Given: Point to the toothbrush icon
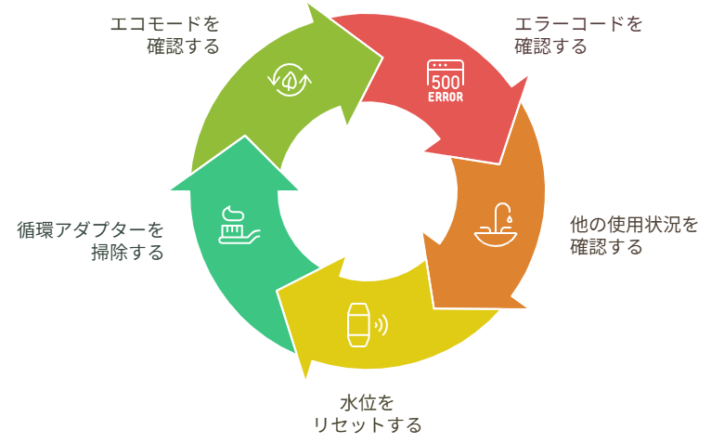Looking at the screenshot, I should tap(236, 226).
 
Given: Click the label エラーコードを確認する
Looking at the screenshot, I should tap(577, 34).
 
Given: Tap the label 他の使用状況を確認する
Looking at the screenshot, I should tap(632, 235).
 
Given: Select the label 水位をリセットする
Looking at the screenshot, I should tap(368, 414).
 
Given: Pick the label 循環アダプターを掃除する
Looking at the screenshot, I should tap(90, 240).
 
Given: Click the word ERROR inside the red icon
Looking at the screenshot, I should tap(446, 96).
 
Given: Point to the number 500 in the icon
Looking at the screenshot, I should tap(446, 82).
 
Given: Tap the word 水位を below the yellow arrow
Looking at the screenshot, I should tap(368, 403).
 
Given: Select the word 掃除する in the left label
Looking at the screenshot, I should tap(126, 252).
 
